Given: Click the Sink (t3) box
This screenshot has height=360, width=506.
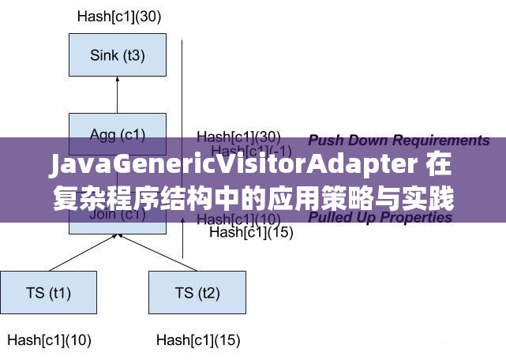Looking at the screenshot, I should pos(118,54).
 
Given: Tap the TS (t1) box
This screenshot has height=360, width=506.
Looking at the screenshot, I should pos(48,293).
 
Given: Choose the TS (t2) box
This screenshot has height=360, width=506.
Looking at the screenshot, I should pos(197,293).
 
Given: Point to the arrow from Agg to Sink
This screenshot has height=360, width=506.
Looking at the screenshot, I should pos(118,95).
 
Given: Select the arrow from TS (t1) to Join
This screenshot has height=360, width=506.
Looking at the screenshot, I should pos(79,253).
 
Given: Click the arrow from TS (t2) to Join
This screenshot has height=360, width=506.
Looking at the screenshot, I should pos(157,253).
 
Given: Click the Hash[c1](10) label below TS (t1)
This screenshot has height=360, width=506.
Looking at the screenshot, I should pos(50,340).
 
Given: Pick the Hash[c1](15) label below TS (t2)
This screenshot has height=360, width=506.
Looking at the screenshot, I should pos(198,340).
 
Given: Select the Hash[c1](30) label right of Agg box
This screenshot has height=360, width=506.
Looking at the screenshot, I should pos(238,137).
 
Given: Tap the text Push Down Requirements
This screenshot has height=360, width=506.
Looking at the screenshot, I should pos(399,141).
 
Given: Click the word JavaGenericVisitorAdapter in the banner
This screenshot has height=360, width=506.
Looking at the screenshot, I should pos(234,167).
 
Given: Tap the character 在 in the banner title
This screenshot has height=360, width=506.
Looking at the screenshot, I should pos(441,167).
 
